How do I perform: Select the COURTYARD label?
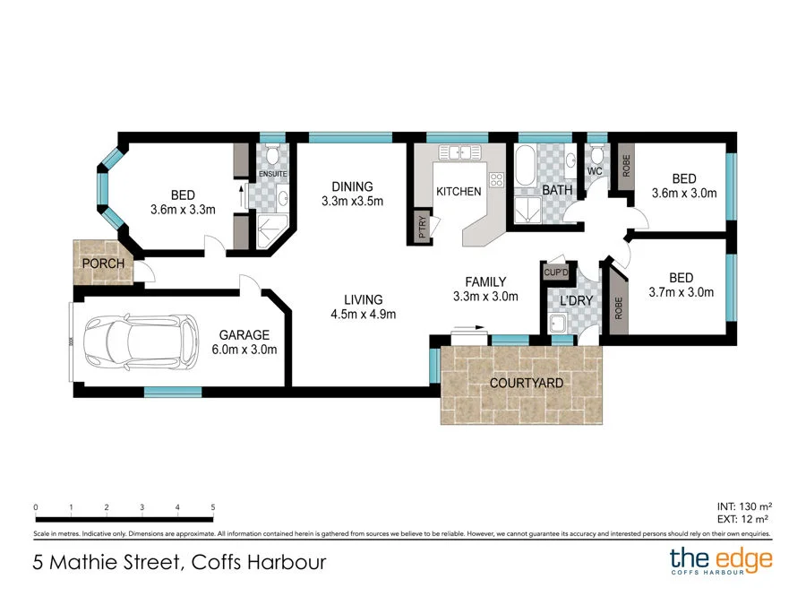point(526,383)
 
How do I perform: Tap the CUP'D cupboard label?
point(556,272)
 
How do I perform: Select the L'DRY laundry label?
point(576,300)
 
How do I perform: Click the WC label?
point(595,170)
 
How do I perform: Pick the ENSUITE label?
point(272,173)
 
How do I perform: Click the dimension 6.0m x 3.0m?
point(244,350)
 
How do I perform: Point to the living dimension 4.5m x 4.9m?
point(363,314)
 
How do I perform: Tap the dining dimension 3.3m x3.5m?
point(352,202)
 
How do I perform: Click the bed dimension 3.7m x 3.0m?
point(681,292)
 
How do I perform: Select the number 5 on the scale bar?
point(213,507)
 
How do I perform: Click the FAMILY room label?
point(485,281)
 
